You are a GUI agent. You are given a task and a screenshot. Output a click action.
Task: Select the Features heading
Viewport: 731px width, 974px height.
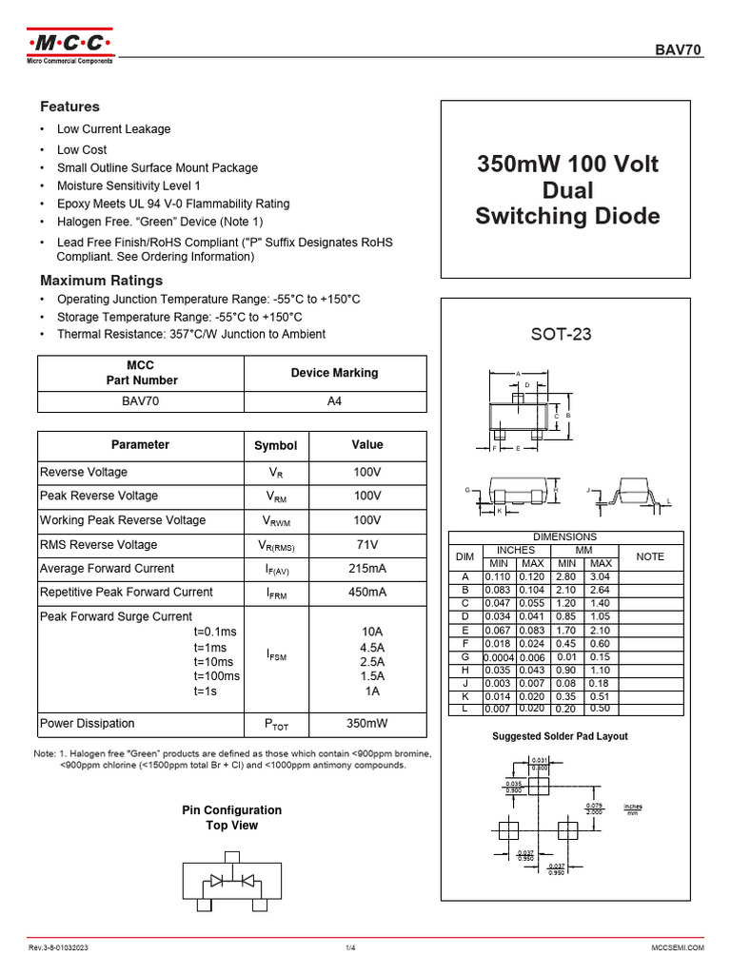69,107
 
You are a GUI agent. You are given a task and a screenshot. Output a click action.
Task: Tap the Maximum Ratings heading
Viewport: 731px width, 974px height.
101,281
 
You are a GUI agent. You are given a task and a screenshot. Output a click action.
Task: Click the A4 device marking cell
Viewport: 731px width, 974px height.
334,401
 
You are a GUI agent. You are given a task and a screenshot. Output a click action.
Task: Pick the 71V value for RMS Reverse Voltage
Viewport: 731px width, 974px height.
367,545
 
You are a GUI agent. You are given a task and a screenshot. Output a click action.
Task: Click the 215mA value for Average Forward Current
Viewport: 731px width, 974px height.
367,569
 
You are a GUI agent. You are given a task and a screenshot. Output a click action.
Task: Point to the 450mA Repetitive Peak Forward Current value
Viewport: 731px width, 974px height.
367,593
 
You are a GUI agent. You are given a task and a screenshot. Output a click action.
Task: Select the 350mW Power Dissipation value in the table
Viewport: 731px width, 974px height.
367,724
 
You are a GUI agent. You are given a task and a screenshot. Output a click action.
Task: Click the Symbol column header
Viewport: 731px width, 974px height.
275,445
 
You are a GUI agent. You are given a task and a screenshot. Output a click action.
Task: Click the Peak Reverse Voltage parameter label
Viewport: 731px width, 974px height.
99,496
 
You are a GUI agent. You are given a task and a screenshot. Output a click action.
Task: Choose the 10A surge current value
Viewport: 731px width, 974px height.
372,633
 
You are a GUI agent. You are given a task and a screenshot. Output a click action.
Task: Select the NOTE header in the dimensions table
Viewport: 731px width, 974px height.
650,556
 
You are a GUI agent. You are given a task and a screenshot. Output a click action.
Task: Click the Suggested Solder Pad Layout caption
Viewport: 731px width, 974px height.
560,736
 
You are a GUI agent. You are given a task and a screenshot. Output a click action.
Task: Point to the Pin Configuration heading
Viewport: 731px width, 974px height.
232,810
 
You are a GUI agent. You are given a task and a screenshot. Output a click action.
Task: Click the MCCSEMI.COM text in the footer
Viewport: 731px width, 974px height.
677,948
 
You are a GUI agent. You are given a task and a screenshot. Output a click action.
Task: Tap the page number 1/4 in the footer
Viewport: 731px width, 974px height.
349,948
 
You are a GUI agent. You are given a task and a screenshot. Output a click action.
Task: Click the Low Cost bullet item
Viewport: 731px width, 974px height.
82,149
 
